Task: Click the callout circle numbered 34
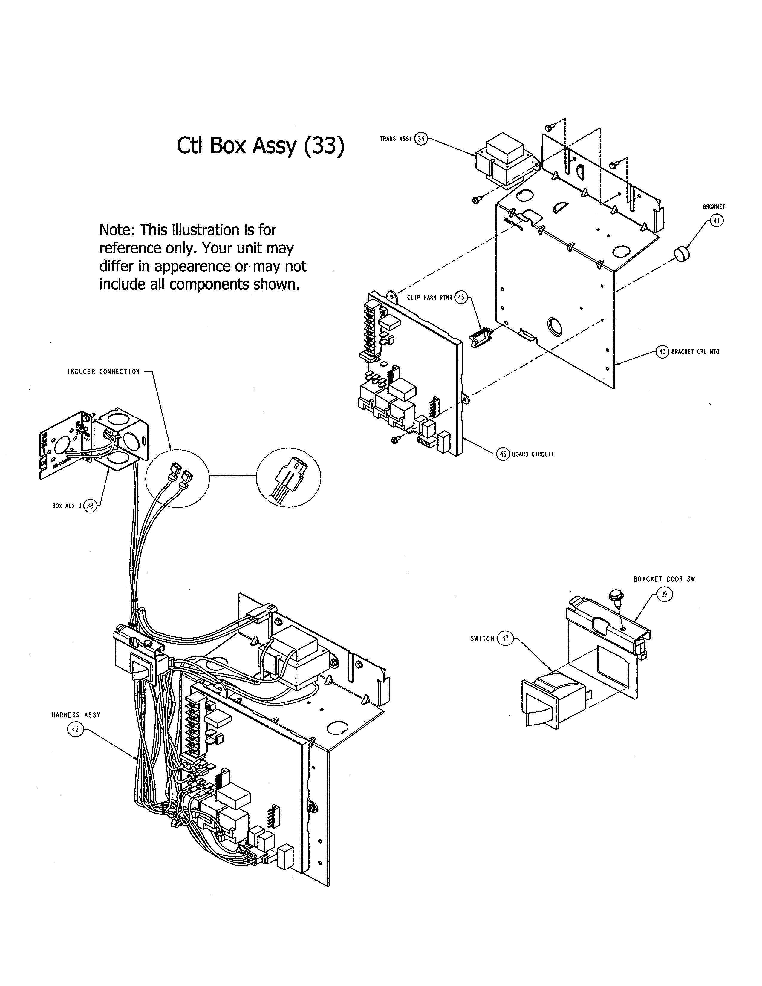point(421,139)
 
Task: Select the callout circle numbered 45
point(461,298)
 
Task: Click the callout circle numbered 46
point(503,454)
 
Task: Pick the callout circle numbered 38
point(90,506)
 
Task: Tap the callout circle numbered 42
point(75,729)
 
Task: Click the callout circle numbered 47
point(505,639)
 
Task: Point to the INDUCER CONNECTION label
point(104,372)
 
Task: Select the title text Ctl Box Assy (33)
point(261,146)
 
